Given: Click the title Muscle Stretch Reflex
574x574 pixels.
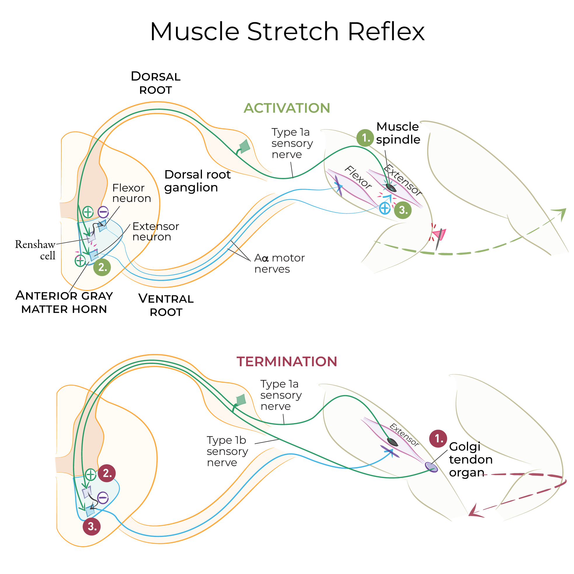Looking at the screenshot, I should point(287,32).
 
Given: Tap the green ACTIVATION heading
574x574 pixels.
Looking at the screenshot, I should point(287,108).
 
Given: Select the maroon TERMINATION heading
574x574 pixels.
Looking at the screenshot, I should point(287,362).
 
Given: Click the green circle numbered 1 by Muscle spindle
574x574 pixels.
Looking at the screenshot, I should point(365,138).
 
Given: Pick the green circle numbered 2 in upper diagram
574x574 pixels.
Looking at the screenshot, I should point(102,267).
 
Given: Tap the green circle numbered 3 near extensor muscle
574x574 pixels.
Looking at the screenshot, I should point(403,210).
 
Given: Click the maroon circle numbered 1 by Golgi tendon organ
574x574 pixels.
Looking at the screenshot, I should point(438,438).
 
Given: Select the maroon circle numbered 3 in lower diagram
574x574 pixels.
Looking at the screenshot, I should point(92,526).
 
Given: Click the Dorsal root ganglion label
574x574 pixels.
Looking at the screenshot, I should point(197,181).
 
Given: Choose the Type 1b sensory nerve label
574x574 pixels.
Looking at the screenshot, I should point(227,451).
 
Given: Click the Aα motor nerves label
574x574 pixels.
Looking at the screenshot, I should point(279,263).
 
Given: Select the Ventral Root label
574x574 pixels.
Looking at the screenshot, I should point(166,305).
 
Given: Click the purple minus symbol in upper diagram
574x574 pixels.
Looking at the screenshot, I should point(103,212).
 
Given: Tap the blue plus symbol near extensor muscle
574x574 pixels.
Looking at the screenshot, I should point(385,208).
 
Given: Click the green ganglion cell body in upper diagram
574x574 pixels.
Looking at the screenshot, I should point(245,146).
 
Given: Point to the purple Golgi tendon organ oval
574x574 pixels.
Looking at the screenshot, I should point(431,467).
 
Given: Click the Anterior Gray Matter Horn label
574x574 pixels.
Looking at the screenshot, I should point(64,302).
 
